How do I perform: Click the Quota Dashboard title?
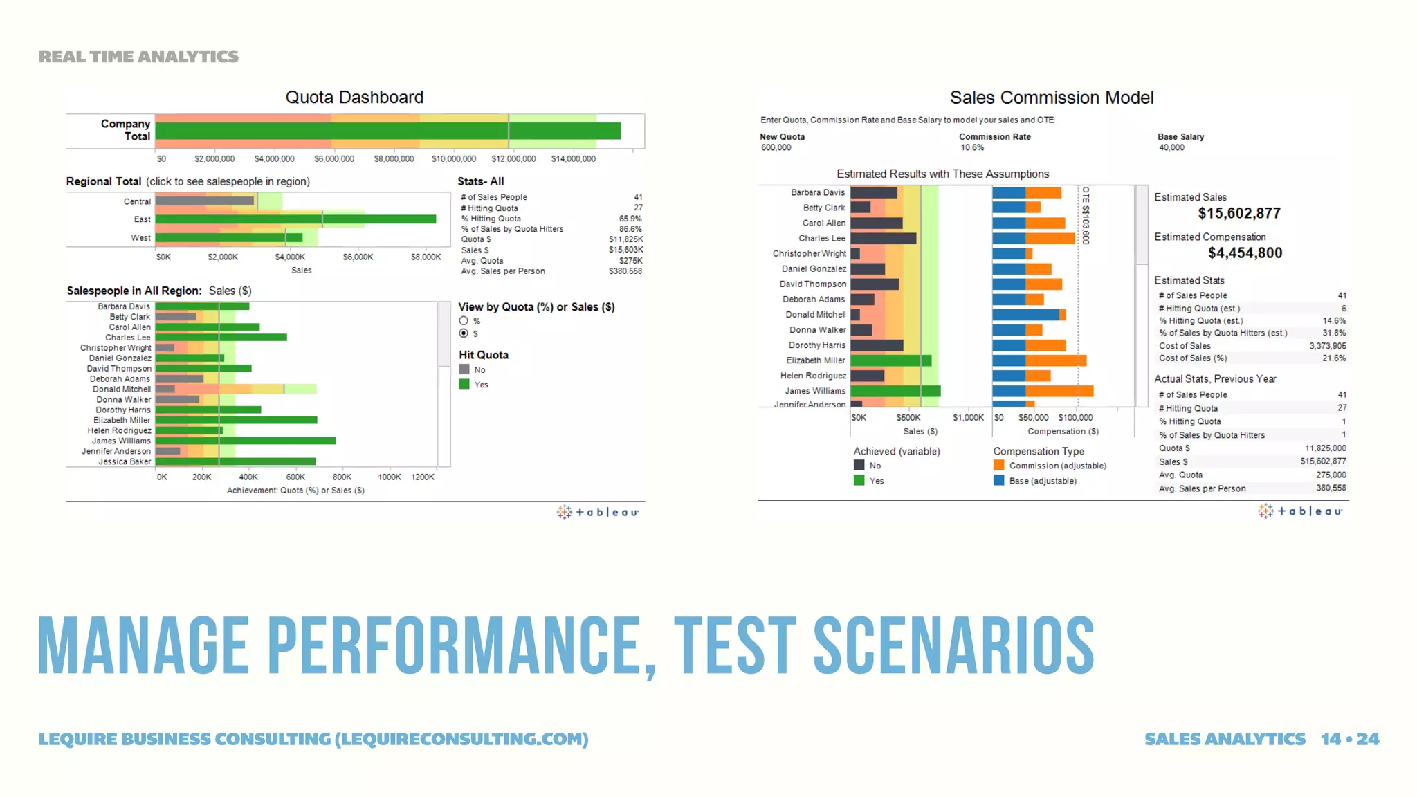[x=354, y=98]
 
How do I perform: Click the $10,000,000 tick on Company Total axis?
[x=453, y=159]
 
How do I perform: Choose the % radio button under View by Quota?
[x=464, y=321]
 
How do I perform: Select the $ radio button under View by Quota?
[x=464, y=333]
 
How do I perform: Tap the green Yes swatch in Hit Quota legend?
[x=464, y=384]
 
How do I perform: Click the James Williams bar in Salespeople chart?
[x=246, y=441]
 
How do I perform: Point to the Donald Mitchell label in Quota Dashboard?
[x=122, y=390]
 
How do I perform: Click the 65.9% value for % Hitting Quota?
[x=630, y=219]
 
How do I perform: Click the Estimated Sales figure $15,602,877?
[x=1239, y=214]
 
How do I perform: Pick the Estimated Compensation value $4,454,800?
[x=1245, y=253]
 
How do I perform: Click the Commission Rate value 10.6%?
[x=971, y=147]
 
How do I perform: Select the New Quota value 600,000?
[x=776, y=147]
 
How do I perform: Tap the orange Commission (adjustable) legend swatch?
[x=998, y=466]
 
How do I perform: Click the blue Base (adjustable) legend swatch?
[x=998, y=481]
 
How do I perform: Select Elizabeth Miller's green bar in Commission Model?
[x=890, y=360]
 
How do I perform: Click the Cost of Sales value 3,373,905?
[x=1327, y=346]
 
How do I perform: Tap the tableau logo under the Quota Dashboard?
[x=598, y=512]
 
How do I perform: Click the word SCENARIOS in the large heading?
[x=953, y=645]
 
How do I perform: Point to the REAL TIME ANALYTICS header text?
[x=138, y=57]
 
